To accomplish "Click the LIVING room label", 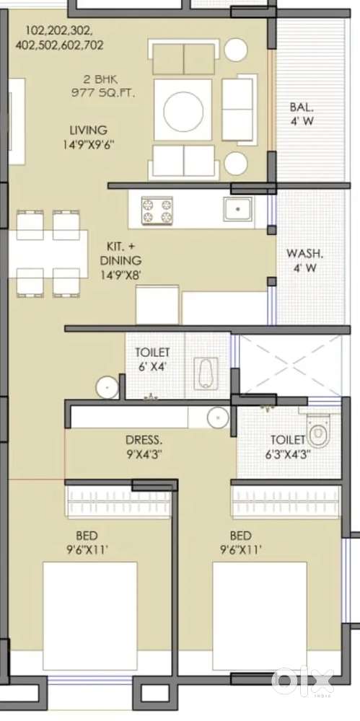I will click(x=88, y=130).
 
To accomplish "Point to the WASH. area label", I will click(x=305, y=254).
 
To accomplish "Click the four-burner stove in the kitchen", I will click(x=157, y=210).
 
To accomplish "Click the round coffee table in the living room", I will click(x=187, y=111).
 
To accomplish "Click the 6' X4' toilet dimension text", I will click(x=152, y=366).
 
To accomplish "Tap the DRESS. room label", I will click(x=144, y=439).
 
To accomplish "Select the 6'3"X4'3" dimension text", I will click(x=287, y=454).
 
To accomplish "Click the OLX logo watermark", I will click(x=303, y=680).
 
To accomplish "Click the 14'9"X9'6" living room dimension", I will click(x=88, y=144).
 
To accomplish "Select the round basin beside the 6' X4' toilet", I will click(x=107, y=387).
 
